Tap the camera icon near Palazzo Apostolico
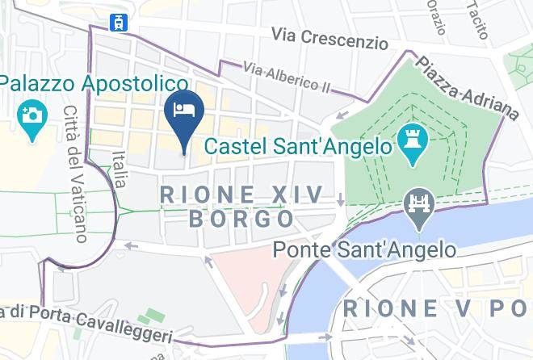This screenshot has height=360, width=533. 32,118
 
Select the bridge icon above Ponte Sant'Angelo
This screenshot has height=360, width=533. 419,204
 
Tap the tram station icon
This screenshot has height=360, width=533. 120,21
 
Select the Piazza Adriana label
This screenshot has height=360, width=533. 466,86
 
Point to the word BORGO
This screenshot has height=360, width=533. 241,219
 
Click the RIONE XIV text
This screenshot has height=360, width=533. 241,195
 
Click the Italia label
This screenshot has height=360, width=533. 120,170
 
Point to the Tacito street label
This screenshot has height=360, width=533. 478,19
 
